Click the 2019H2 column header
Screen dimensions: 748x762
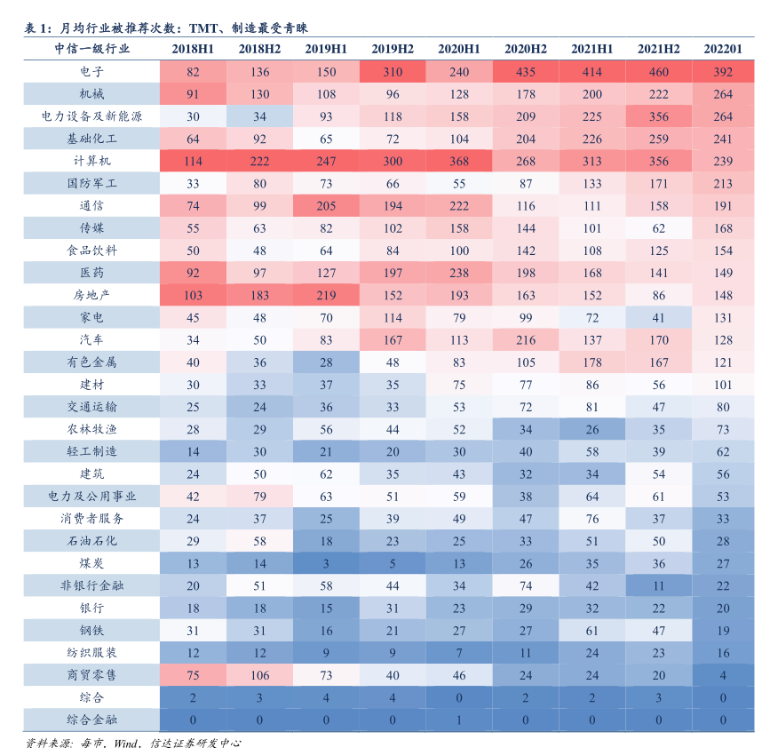(x=393, y=49)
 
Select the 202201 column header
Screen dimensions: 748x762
(x=723, y=49)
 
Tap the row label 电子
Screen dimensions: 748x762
(x=91, y=72)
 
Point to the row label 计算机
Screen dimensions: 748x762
(x=91, y=161)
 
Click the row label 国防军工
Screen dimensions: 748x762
(x=91, y=183)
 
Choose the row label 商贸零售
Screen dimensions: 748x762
(x=91, y=674)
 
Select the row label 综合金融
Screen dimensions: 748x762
(x=91, y=720)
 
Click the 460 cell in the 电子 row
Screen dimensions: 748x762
(x=658, y=72)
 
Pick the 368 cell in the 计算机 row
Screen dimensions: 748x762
(x=458, y=161)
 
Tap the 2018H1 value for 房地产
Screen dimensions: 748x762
(x=193, y=295)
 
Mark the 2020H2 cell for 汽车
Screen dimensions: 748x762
(x=525, y=339)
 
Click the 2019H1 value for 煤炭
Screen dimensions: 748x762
(x=326, y=563)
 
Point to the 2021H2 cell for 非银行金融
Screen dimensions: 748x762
(x=658, y=585)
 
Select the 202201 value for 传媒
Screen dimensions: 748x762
(x=723, y=228)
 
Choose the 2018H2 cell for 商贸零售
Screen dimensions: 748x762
(x=259, y=674)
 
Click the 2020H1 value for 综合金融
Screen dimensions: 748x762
(x=458, y=720)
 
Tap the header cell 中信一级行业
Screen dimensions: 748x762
(x=91, y=49)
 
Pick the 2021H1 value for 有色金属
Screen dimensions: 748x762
(x=591, y=362)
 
